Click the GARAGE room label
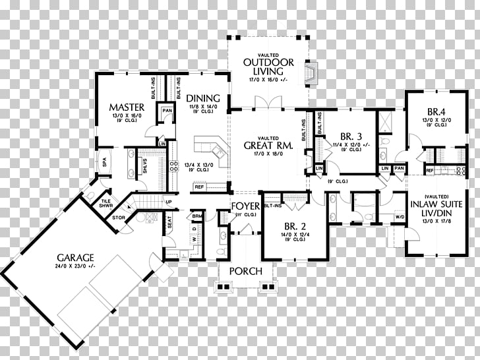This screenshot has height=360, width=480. [75, 257]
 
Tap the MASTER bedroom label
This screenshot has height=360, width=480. [127, 107]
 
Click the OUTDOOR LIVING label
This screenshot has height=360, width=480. [263, 67]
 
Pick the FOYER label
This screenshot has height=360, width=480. [245, 207]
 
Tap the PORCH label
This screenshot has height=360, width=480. [245, 271]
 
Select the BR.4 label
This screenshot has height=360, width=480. [437, 111]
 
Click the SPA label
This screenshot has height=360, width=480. [104, 163]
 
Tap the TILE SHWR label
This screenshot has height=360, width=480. [105, 203]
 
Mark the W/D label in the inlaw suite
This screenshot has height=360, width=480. [399, 216]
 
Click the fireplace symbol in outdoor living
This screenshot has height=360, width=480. [311, 71]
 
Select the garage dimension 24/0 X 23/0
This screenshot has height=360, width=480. [75, 266]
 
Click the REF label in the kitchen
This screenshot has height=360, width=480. [198, 187]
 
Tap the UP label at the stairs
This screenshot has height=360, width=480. [169, 201]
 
